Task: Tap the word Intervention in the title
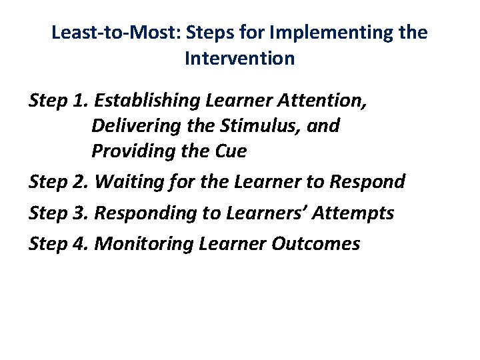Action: (x=239, y=59)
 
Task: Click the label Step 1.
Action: (x=59, y=100)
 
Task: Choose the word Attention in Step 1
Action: (x=325, y=100)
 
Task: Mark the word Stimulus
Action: (x=249, y=125)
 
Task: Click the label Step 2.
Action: (x=59, y=181)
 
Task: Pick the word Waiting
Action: (x=127, y=181)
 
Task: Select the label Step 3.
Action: (x=59, y=213)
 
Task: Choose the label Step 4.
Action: (x=59, y=244)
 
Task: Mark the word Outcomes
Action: (x=316, y=244)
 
